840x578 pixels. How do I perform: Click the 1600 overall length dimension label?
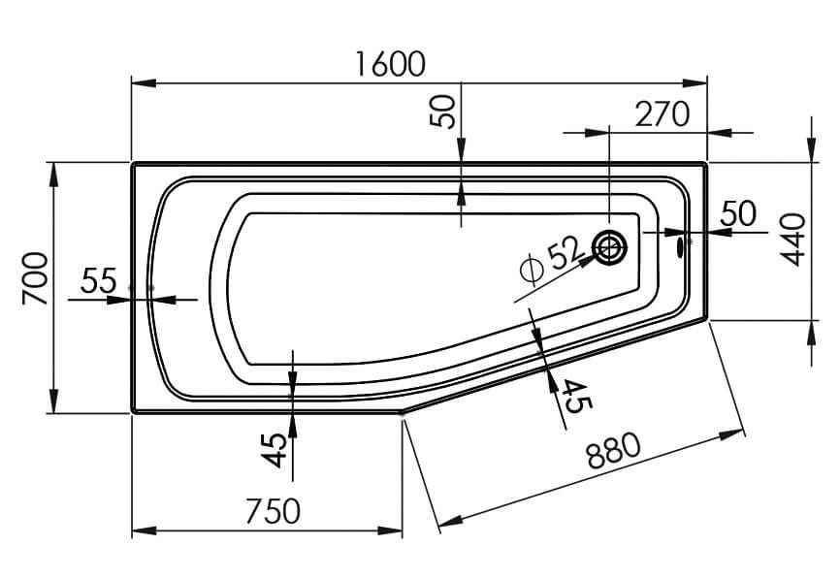pyautogui.click(x=390, y=64)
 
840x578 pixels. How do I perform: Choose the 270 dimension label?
pyautogui.click(x=662, y=114)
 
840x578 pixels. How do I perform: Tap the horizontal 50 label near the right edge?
pyautogui.click(x=737, y=214)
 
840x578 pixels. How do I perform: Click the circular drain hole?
pyautogui.click(x=610, y=249)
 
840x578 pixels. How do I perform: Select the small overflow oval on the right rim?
pyautogui.click(x=681, y=246)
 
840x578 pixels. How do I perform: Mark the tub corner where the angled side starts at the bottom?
pyautogui.click(x=402, y=411)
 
